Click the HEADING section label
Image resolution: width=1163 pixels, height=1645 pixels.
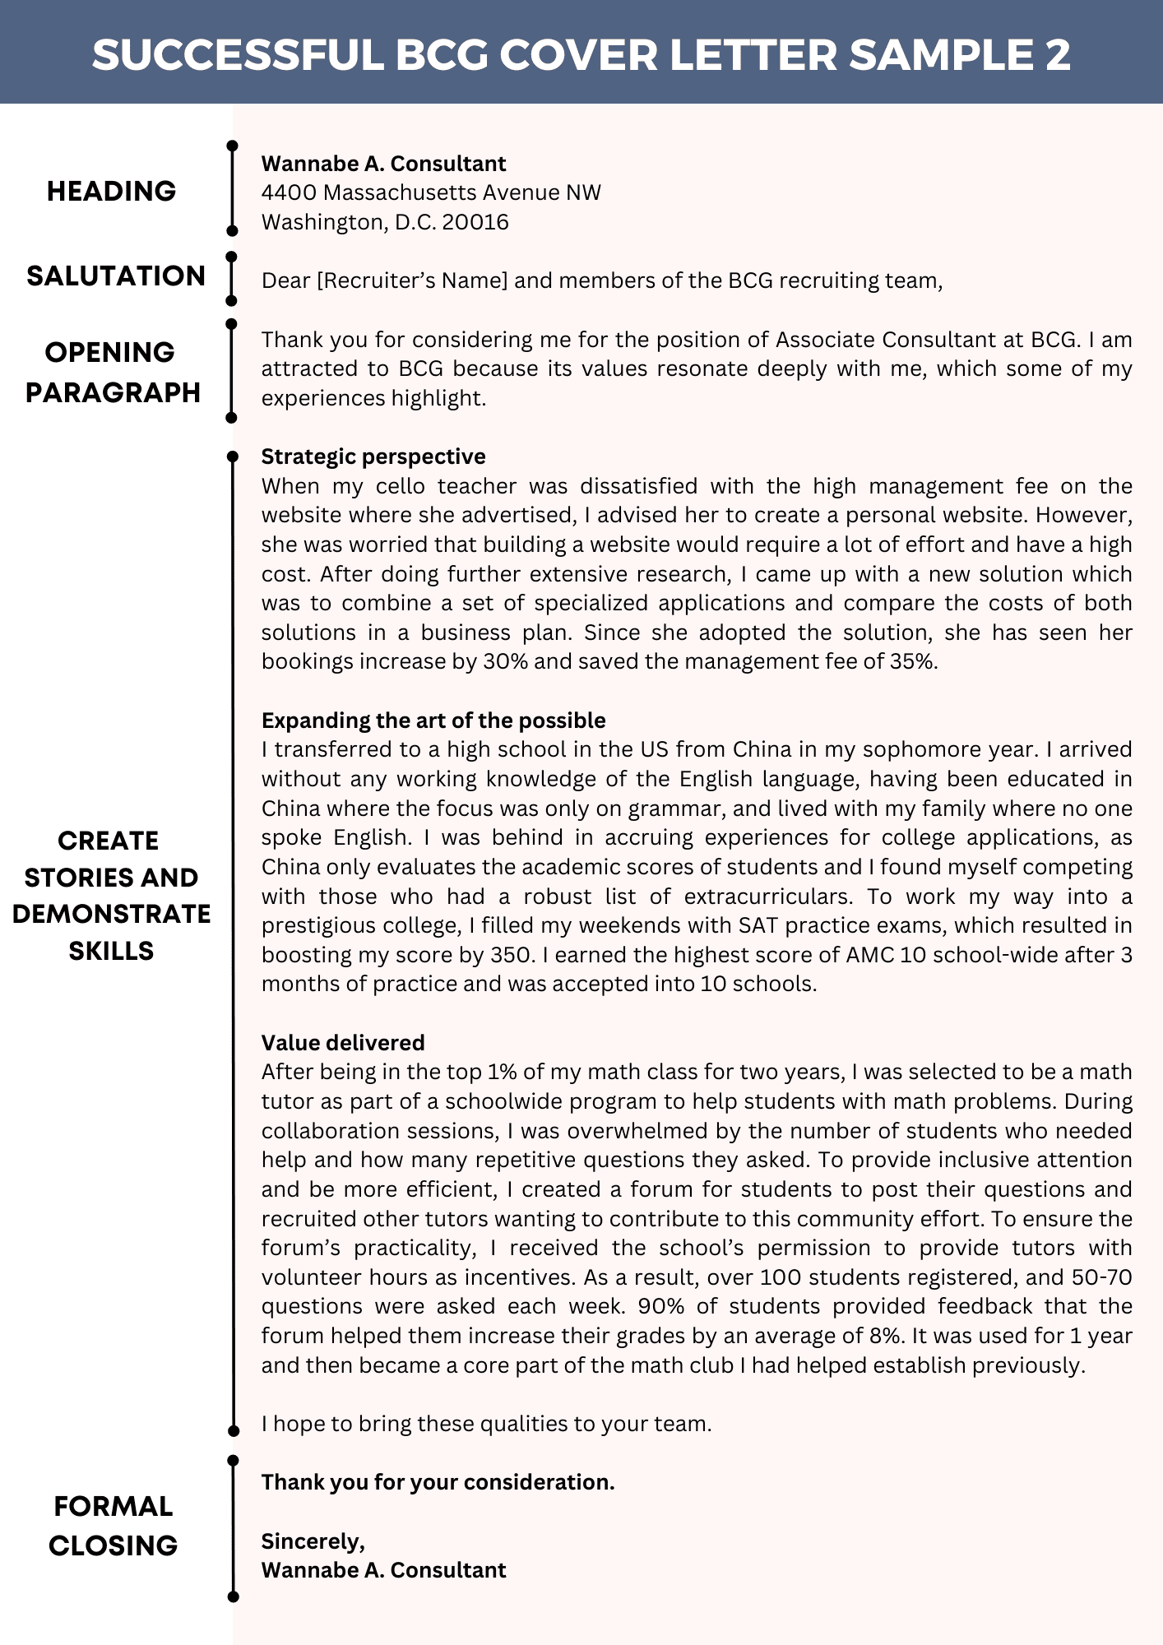click(x=111, y=191)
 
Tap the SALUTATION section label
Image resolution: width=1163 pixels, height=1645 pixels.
click(x=115, y=276)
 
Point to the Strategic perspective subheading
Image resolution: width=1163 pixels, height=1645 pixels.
click(x=373, y=456)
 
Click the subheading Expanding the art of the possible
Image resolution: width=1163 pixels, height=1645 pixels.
click(x=433, y=721)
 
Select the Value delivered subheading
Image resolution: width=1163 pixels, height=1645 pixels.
click(x=343, y=1043)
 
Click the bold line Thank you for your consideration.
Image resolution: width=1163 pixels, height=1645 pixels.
click(x=438, y=1482)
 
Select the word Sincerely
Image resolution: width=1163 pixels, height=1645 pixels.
click(x=313, y=1541)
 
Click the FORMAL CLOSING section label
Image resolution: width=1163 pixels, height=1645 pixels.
click(x=113, y=1526)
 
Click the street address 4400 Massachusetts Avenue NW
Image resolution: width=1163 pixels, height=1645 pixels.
click(x=431, y=192)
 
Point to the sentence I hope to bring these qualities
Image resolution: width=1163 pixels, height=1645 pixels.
click(x=486, y=1424)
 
